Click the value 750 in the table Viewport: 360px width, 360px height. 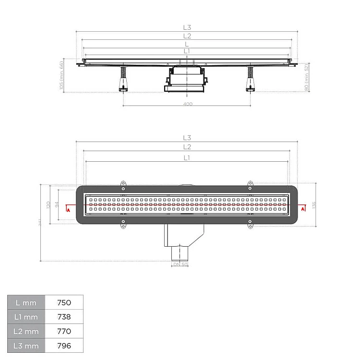click(64, 302)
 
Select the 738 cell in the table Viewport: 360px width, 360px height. click(64, 317)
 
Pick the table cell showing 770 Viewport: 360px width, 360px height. click(64, 331)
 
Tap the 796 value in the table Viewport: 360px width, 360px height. click(64, 346)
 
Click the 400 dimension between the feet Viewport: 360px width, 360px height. click(187, 104)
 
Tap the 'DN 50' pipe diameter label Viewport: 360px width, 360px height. click(180, 264)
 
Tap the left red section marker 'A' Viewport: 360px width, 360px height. click(69, 210)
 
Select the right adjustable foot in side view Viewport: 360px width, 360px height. click(250, 80)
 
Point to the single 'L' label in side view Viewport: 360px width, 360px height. click(187, 44)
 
